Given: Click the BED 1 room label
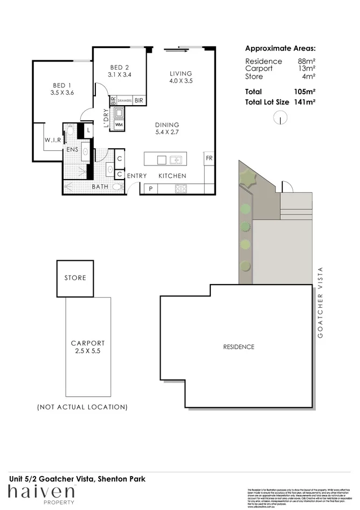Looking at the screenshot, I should pos(62,86).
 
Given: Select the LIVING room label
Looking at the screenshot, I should pos(181,73).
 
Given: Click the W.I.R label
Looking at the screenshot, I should pos(52,140).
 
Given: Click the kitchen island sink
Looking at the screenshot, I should pos(175,160).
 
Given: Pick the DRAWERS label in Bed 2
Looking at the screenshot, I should pos(124,100).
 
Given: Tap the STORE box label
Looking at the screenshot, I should pos(75,278).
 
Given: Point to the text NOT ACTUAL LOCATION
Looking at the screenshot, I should pos(82,406).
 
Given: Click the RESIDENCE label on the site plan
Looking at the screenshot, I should pos(238,347).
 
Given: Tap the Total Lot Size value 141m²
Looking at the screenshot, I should pos(303,101).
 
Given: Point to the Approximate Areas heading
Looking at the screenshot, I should pos(280,47).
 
